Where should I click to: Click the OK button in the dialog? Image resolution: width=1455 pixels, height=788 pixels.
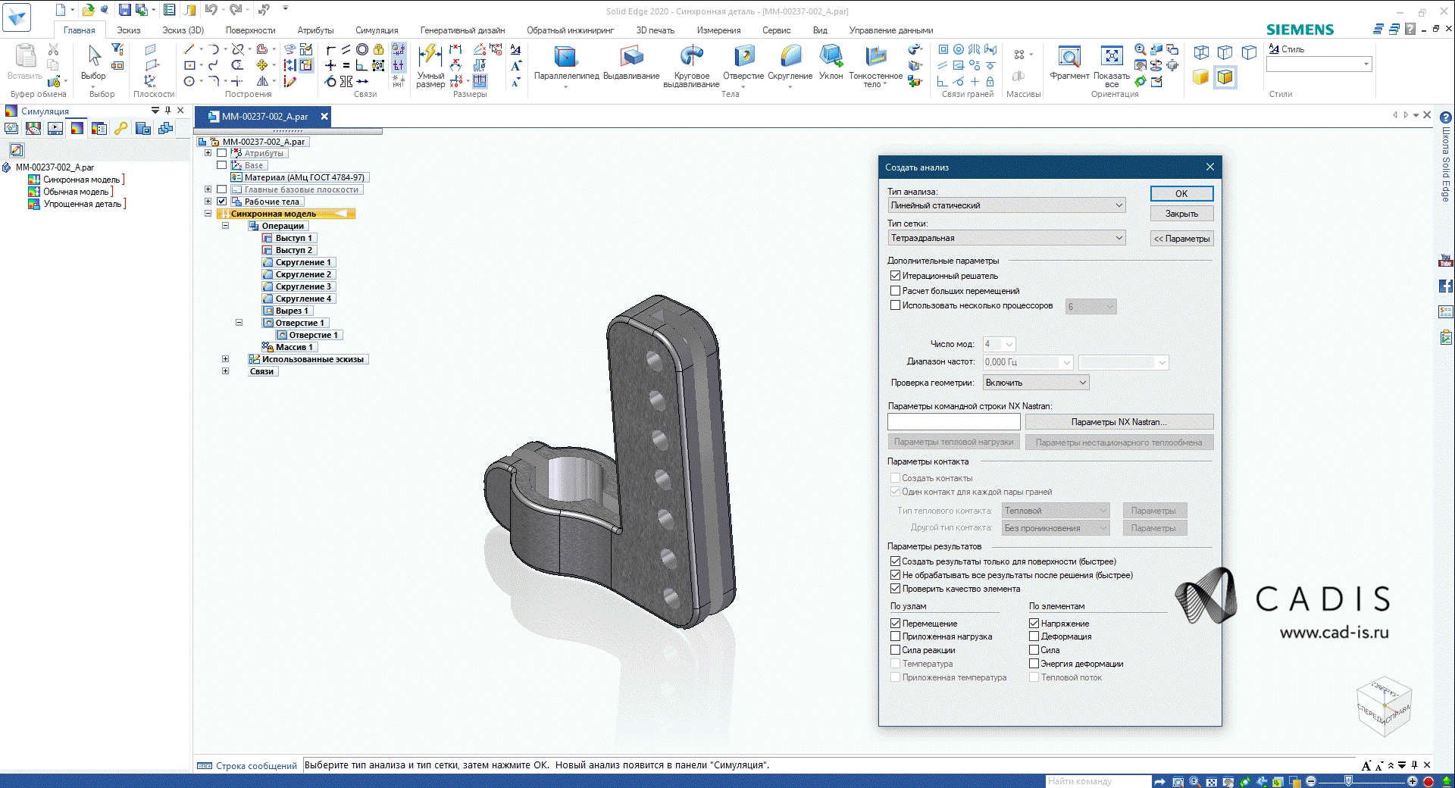coord(1181,193)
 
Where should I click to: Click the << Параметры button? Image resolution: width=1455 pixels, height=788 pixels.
coord(1181,239)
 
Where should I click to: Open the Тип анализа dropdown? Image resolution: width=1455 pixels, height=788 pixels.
coord(1006,205)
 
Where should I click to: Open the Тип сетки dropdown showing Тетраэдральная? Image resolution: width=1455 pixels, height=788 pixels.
coord(1006,238)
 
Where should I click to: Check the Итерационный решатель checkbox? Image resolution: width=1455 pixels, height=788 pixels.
coord(895,276)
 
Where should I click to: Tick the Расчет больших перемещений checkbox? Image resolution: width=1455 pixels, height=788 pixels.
coord(895,291)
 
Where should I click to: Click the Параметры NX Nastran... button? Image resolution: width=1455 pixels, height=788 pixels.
coord(1119,422)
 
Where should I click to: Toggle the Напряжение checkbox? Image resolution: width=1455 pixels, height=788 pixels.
coord(1034,624)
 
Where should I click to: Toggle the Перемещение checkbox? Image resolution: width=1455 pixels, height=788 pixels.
coord(895,624)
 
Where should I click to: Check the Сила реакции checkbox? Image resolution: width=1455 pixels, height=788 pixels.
coord(895,650)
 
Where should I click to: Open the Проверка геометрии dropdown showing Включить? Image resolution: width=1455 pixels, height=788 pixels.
coord(1036,383)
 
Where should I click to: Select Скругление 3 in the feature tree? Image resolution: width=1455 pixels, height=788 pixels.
coord(302,286)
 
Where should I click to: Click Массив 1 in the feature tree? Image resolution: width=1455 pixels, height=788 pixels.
coord(293,347)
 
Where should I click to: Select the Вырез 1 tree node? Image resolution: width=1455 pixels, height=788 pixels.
coord(291,311)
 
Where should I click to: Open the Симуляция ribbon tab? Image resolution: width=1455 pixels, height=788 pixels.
coord(377,30)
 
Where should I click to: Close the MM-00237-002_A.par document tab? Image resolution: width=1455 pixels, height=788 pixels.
coord(324,116)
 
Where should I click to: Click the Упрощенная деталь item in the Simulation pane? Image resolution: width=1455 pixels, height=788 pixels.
coord(81,204)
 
